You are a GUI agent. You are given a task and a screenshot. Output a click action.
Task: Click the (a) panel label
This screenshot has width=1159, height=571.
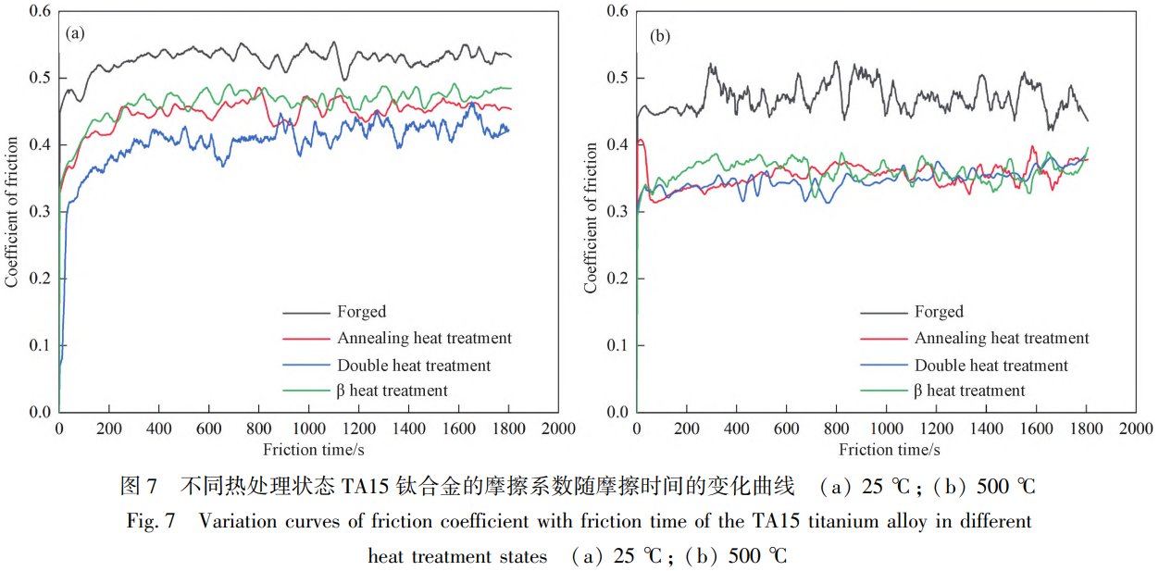click(x=75, y=34)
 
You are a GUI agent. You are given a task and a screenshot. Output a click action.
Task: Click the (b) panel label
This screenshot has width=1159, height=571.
click(x=660, y=36)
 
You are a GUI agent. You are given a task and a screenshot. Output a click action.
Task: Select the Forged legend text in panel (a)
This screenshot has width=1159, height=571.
click(x=362, y=312)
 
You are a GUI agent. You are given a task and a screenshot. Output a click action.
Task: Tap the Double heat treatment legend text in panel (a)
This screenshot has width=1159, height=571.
click(x=414, y=366)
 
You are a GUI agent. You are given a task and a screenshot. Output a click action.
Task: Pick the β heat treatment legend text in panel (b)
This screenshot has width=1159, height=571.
click(x=969, y=391)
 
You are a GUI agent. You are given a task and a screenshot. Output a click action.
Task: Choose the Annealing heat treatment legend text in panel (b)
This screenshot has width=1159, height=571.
click(x=1002, y=339)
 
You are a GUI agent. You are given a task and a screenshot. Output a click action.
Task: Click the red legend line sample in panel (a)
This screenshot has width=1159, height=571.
click(x=306, y=339)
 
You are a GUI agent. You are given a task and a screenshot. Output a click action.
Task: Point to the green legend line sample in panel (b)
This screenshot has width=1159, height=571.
click(x=884, y=391)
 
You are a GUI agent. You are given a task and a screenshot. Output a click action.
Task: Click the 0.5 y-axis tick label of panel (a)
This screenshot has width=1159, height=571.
click(x=40, y=78)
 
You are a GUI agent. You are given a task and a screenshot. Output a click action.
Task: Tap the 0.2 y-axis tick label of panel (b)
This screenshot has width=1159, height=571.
click(x=617, y=279)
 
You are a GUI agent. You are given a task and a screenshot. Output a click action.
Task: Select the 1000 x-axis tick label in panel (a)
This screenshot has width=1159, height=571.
click(x=309, y=428)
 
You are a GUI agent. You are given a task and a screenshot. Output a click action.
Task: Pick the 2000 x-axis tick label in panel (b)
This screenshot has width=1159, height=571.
click(x=1136, y=428)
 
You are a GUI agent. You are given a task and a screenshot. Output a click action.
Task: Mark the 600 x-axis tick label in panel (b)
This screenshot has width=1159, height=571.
click(x=786, y=428)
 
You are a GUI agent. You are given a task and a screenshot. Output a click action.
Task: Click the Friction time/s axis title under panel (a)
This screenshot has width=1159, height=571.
click(x=314, y=450)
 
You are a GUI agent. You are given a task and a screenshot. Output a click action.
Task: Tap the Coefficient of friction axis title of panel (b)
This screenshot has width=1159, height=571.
click(x=591, y=217)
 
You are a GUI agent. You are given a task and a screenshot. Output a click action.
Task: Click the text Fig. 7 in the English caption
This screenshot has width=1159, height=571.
click(x=151, y=521)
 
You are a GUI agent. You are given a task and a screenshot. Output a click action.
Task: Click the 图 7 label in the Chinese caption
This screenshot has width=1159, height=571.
click(x=139, y=487)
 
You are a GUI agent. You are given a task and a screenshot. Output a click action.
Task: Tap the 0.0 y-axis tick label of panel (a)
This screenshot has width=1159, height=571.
click(x=40, y=412)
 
